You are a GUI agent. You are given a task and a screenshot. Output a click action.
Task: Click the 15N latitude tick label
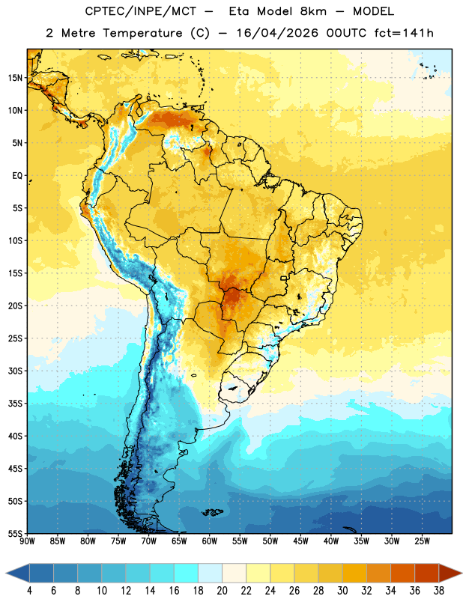pyautogui.click(x=15, y=78)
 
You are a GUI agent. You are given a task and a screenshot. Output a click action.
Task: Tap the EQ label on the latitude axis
pyautogui.click(x=17, y=176)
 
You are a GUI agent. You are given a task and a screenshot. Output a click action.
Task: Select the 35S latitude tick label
pyautogui.click(x=15, y=404)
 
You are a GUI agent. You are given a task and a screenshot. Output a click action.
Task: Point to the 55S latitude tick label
pyautogui.click(x=15, y=534)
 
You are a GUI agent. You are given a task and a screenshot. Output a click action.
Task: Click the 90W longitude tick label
pyautogui.click(x=27, y=541)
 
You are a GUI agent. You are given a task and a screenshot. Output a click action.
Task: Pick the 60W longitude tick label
pyautogui.click(x=209, y=541)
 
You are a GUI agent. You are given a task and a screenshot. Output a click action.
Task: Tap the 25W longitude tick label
pyautogui.click(x=422, y=541)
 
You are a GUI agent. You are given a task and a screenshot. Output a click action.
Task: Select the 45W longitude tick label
pyautogui.click(x=300, y=541)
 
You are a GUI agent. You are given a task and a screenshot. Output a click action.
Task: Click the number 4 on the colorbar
pyautogui.click(x=29, y=591)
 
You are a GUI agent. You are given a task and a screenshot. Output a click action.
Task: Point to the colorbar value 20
pyautogui.click(x=222, y=591)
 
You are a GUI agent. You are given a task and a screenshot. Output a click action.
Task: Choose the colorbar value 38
pyautogui.click(x=439, y=591)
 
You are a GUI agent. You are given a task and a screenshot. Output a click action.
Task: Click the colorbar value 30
pyautogui.click(x=342, y=591)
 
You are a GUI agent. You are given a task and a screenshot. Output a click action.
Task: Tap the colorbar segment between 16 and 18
pyautogui.click(x=187, y=573)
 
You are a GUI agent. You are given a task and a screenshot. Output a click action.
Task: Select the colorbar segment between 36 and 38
pyautogui.click(x=427, y=573)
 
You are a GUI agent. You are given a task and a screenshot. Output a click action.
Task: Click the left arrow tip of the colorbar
pyautogui.click(x=6, y=573)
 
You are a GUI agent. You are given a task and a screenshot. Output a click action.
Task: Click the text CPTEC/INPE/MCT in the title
pyautogui.click(x=141, y=11)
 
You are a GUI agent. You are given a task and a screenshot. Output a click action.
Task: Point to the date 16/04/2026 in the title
pyautogui.click(x=277, y=33)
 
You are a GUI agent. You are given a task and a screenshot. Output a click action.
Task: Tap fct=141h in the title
pyautogui.click(x=404, y=33)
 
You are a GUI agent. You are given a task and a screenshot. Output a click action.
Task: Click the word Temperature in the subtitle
pyautogui.click(x=142, y=33)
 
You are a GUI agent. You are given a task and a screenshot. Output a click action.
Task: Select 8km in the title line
pyautogui.click(x=313, y=11)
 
